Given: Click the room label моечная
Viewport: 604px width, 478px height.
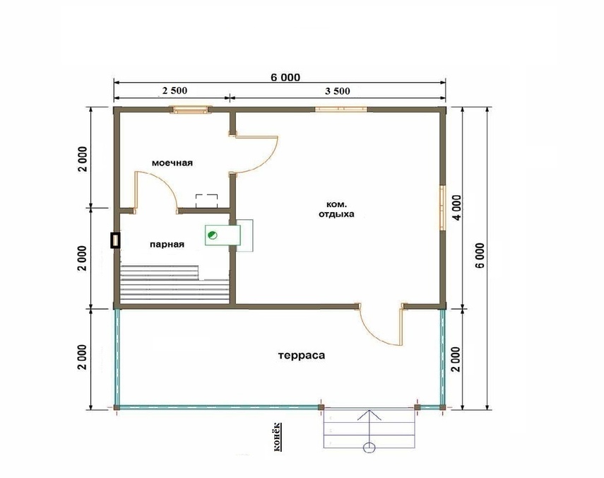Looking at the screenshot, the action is (x=172, y=163).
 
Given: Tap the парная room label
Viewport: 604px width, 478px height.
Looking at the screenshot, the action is (x=167, y=245).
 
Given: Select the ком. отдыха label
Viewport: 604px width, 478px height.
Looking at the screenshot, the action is (x=336, y=209).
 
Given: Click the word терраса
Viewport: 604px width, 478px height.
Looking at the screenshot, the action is (x=302, y=355).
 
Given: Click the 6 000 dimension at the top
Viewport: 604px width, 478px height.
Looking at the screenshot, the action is (x=285, y=78).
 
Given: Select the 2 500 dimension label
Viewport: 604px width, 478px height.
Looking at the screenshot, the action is (x=174, y=91).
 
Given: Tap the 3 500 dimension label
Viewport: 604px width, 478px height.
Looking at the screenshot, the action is (x=338, y=91).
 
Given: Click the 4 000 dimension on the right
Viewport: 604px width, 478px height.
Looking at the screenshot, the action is (x=456, y=207).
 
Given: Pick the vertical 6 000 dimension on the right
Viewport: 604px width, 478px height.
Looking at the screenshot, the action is (x=480, y=255).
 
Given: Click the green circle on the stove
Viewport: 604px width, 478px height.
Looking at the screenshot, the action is (x=212, y=235).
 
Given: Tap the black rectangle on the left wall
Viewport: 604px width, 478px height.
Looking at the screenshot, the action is (x=115, y=240).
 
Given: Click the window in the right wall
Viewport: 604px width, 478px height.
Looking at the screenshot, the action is (x=443, y=208).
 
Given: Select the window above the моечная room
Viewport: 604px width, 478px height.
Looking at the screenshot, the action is (x=191, y=110).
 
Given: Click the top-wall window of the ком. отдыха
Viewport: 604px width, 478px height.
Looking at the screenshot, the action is (x=341, y=109).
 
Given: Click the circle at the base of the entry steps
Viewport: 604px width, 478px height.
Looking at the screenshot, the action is (x=369, y=447).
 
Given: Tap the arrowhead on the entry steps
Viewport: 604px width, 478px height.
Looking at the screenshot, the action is (x=369, y=415).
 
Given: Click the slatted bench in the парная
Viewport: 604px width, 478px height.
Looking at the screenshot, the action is (x=174, y=284).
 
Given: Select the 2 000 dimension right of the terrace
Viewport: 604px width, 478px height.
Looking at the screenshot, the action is (x=456, y=359).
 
